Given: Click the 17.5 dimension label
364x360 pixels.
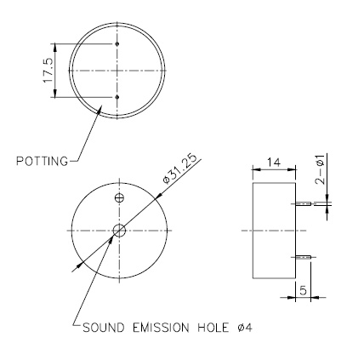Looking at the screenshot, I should pos(48,70).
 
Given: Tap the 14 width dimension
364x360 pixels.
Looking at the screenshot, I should pos(275,160).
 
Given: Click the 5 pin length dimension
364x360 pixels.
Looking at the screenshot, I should pos(302,290).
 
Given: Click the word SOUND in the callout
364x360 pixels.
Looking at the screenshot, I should pos(101,326).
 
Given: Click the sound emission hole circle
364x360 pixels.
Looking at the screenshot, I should pos(120,230).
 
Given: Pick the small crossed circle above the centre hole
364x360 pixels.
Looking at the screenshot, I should pos(119,198).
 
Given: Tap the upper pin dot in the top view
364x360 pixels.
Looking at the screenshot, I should pos(117,43).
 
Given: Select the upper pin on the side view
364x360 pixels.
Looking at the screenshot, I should pos(304,204).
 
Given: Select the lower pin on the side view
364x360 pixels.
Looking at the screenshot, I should pos(304,254).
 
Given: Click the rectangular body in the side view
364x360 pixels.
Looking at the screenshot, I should pos(275,230).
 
